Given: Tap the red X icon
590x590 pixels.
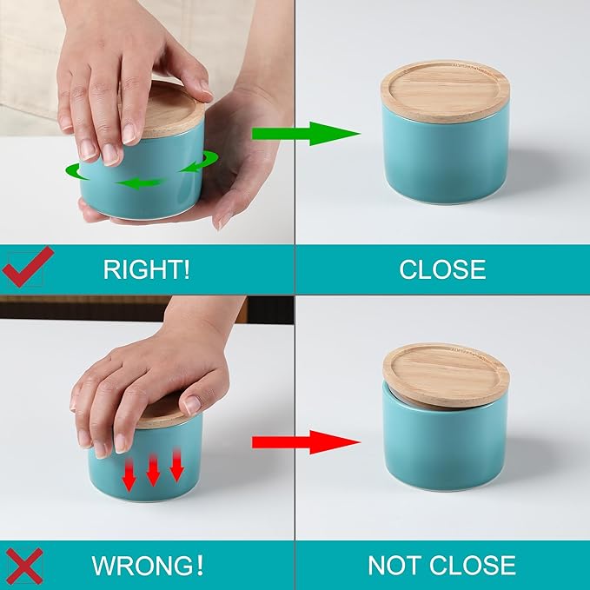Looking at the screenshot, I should (26, 565).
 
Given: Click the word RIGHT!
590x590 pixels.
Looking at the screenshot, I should (146, 269).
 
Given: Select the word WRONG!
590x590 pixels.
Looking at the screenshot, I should (148, 566).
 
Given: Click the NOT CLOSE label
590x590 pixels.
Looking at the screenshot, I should (441, 566).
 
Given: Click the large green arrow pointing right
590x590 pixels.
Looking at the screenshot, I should (305, 134).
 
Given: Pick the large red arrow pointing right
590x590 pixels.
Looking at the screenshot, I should (305, 442).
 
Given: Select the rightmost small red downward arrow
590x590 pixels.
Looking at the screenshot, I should (176, 466).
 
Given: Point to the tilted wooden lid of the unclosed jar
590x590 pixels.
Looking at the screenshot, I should (446, 373).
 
